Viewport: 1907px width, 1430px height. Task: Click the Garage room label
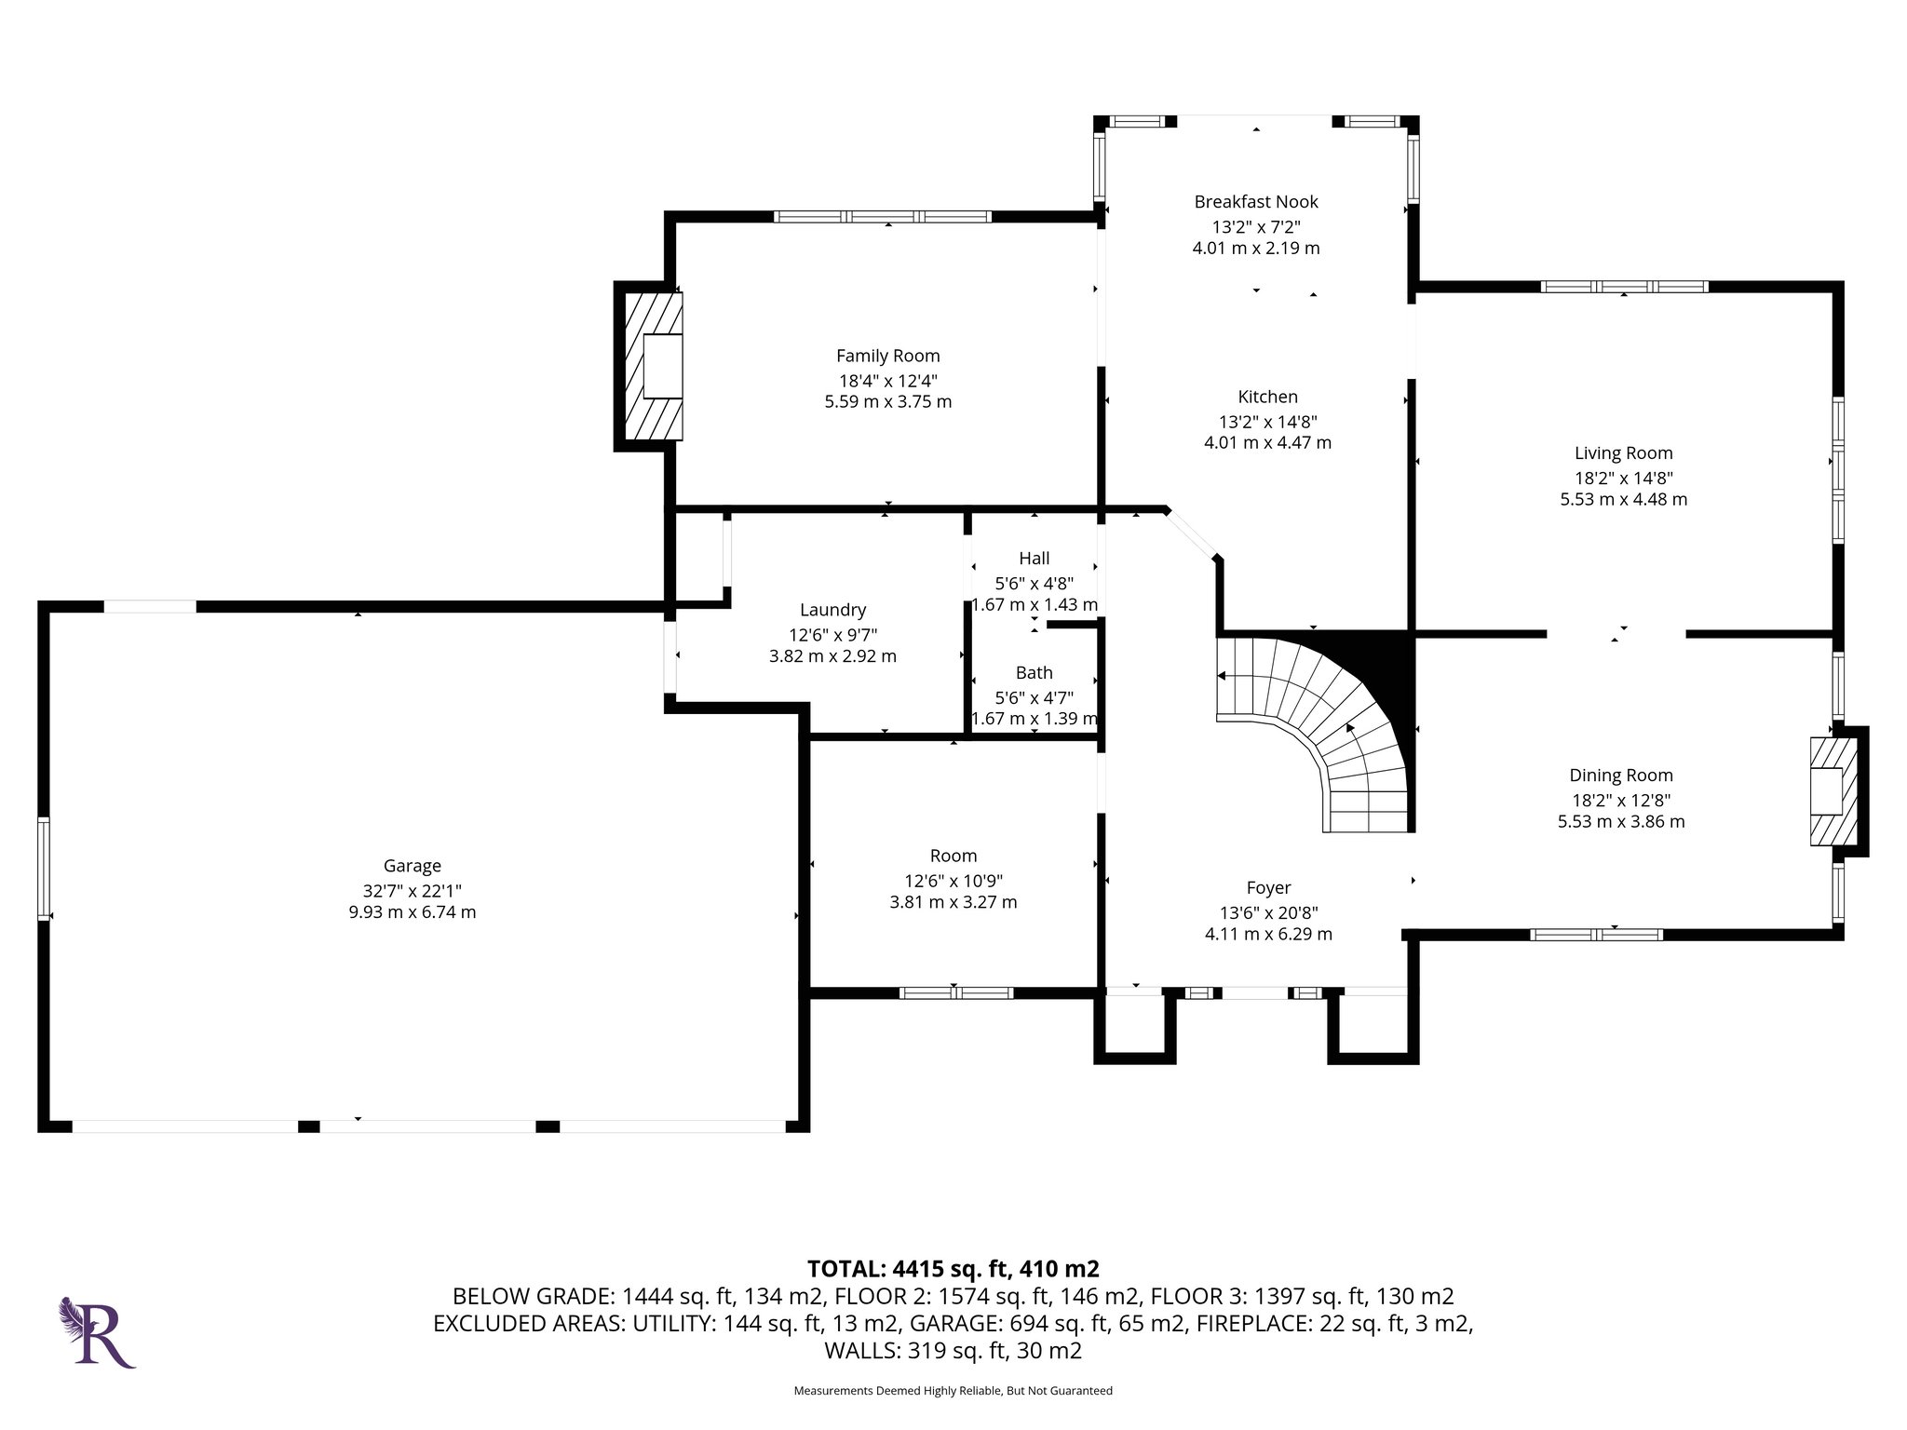click(412, 866)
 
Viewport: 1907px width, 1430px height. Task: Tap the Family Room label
click(888, 356)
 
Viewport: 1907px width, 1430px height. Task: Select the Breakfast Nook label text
click(1256, 201)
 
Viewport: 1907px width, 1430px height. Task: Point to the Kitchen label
click(1267, 397)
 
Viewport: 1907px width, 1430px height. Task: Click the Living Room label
click(1623, 453)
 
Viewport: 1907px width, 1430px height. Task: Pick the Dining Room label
click(1621, 776)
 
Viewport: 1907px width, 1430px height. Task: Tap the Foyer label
click(1268, 888)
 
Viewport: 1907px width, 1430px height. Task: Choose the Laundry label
click(832, 610)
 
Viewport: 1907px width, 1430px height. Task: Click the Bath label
click(1035, 672)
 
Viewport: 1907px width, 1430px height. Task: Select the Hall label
click(1035, 559)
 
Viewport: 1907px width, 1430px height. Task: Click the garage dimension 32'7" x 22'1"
click(412, 890)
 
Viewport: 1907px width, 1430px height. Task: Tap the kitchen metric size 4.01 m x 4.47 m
click(1267, 443)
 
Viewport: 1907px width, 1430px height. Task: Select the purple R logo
click(99, 1332)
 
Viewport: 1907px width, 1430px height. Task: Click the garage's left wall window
click(44, 870)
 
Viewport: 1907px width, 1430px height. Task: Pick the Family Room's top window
click(883, 217)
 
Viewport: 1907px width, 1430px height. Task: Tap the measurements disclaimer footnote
click(953, 1391)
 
